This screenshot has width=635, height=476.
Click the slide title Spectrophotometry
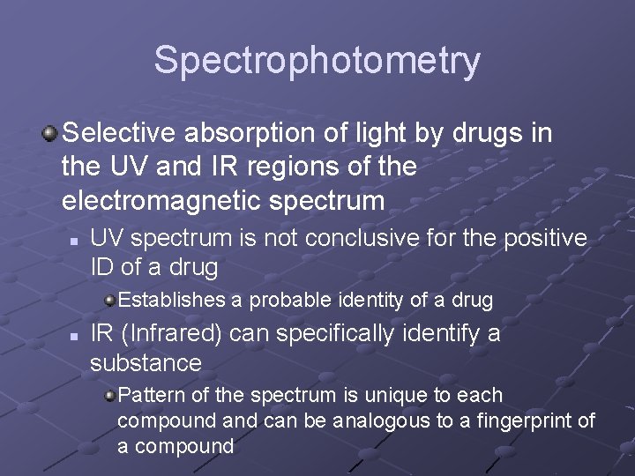317,61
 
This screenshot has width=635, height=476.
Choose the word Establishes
172,300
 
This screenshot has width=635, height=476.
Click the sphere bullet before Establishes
109,300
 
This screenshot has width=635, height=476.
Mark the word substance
146,362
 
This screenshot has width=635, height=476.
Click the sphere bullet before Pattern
109,396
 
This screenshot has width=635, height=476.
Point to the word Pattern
149,395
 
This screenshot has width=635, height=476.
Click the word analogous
383,420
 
